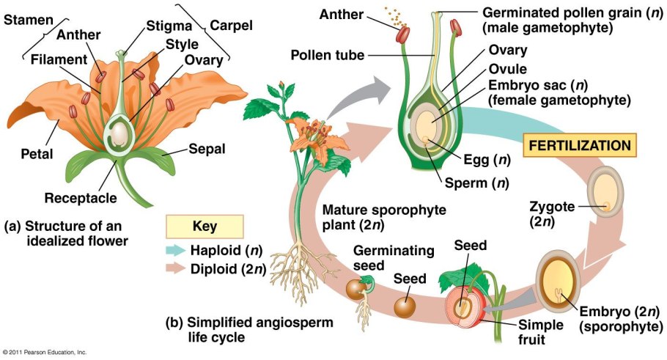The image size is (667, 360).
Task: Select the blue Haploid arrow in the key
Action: click(x=185, y=250)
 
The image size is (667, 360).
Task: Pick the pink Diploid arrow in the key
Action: click(x=185, y=268)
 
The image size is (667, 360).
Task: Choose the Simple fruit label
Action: click(x=539, y=331)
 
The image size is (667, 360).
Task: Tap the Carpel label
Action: click(x=231, y=26)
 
